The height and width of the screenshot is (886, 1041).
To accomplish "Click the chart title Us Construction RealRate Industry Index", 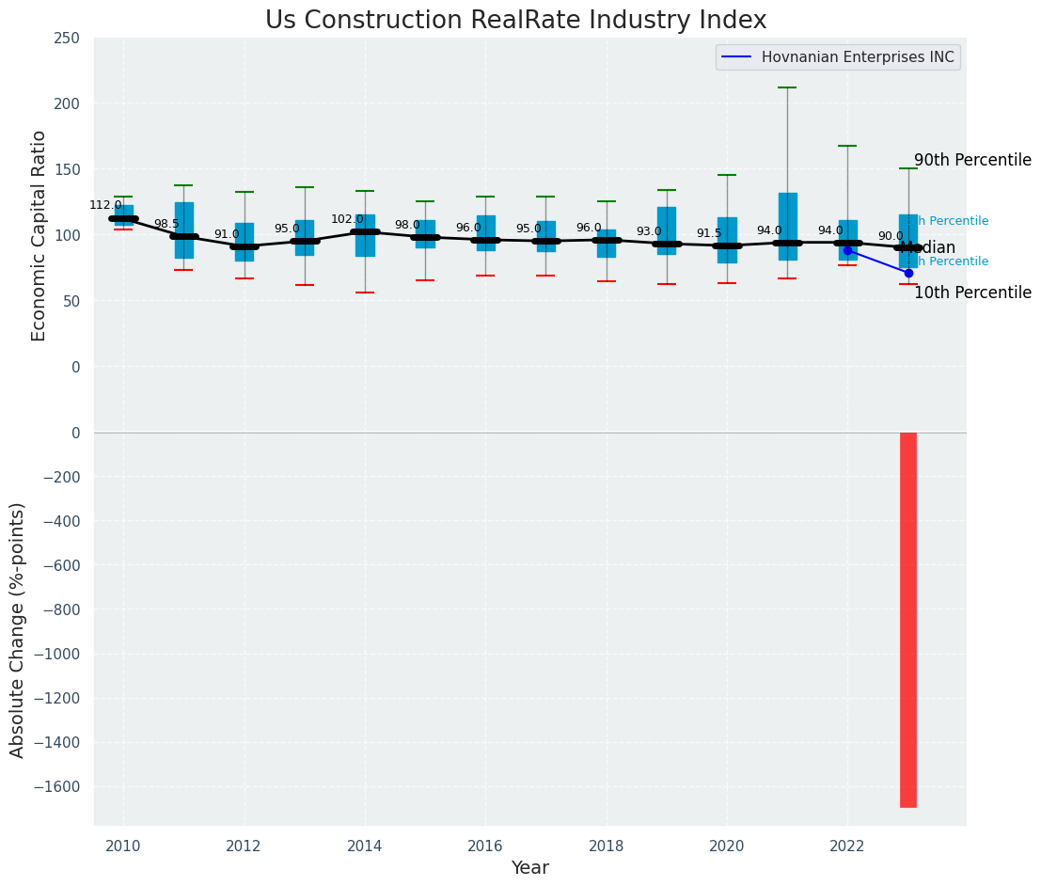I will [x=515, y=21].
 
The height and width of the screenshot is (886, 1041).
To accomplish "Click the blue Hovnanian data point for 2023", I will [x=908, y=273].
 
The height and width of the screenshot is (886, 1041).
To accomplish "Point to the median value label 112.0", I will [x=105, y=205].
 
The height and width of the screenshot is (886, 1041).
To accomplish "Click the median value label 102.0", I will [x=347, y=219].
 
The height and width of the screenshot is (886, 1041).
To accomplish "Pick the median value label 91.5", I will [x=709, y=233].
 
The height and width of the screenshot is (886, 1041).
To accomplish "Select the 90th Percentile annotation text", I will [x=972, y=160].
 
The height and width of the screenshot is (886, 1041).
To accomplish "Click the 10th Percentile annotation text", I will [x=972, y=293].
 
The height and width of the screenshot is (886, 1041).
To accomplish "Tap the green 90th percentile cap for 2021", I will [x=787, y=87].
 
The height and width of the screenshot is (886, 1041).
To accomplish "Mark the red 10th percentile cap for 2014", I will [x=365, y=293].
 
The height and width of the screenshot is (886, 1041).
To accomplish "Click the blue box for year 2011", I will [x=183, y=230].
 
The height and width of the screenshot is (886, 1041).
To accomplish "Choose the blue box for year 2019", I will [x=667, y=230].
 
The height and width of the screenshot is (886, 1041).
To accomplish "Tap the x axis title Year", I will [x=530, y=868].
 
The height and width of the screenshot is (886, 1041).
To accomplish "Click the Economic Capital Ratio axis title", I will [x=39, y=235].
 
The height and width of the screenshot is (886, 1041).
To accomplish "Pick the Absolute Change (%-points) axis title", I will [x=17, y=629].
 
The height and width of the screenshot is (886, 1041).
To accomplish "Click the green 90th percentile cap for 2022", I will [x=847, y=146].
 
